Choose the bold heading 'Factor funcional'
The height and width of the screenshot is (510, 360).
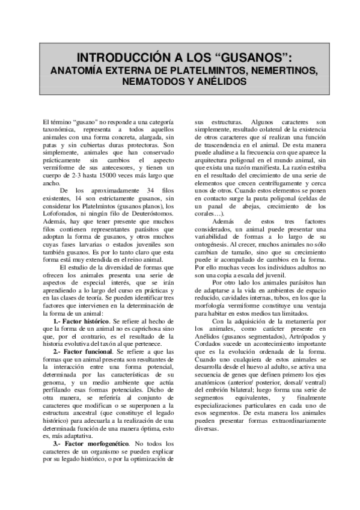point(91,350)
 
